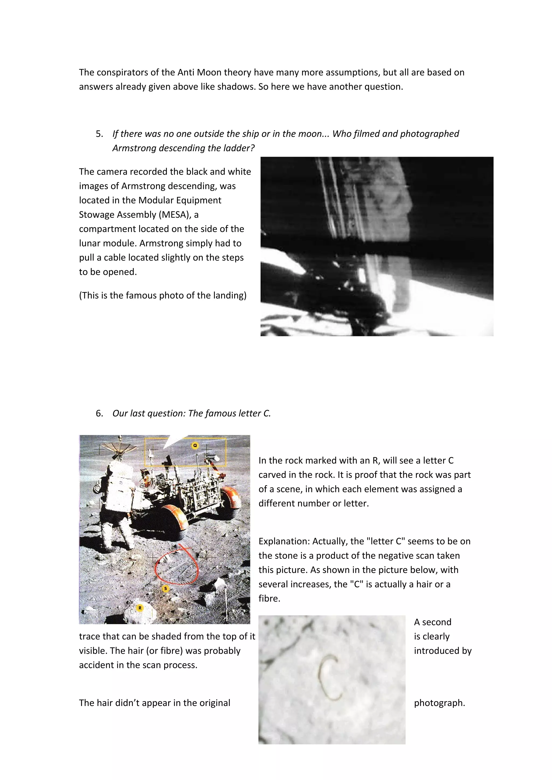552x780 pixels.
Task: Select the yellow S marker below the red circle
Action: (x=166, y=588)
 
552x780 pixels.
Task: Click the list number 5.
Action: (x=99, y=134)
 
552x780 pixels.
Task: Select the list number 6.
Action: (x=99, y=413)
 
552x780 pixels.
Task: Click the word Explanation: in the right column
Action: (x=284, y=541)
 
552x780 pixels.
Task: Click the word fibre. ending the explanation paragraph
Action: (x=269, y=599)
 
